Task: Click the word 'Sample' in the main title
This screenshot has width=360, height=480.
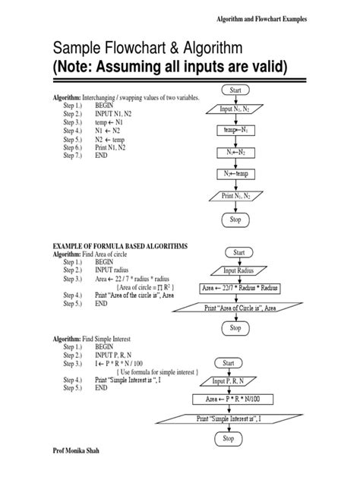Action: pos(77,49)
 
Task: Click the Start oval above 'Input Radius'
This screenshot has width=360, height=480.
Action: pos(238,251)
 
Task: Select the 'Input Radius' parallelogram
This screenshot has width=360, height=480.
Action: pos(238,270)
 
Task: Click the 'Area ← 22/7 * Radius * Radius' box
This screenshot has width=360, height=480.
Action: pos(238,288)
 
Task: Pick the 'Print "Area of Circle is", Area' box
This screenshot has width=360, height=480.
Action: pos(238,308)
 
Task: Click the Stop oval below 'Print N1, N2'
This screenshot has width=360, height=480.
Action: pos(235,219)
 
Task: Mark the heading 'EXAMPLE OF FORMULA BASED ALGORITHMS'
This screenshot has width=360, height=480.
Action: pos(119,247)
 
